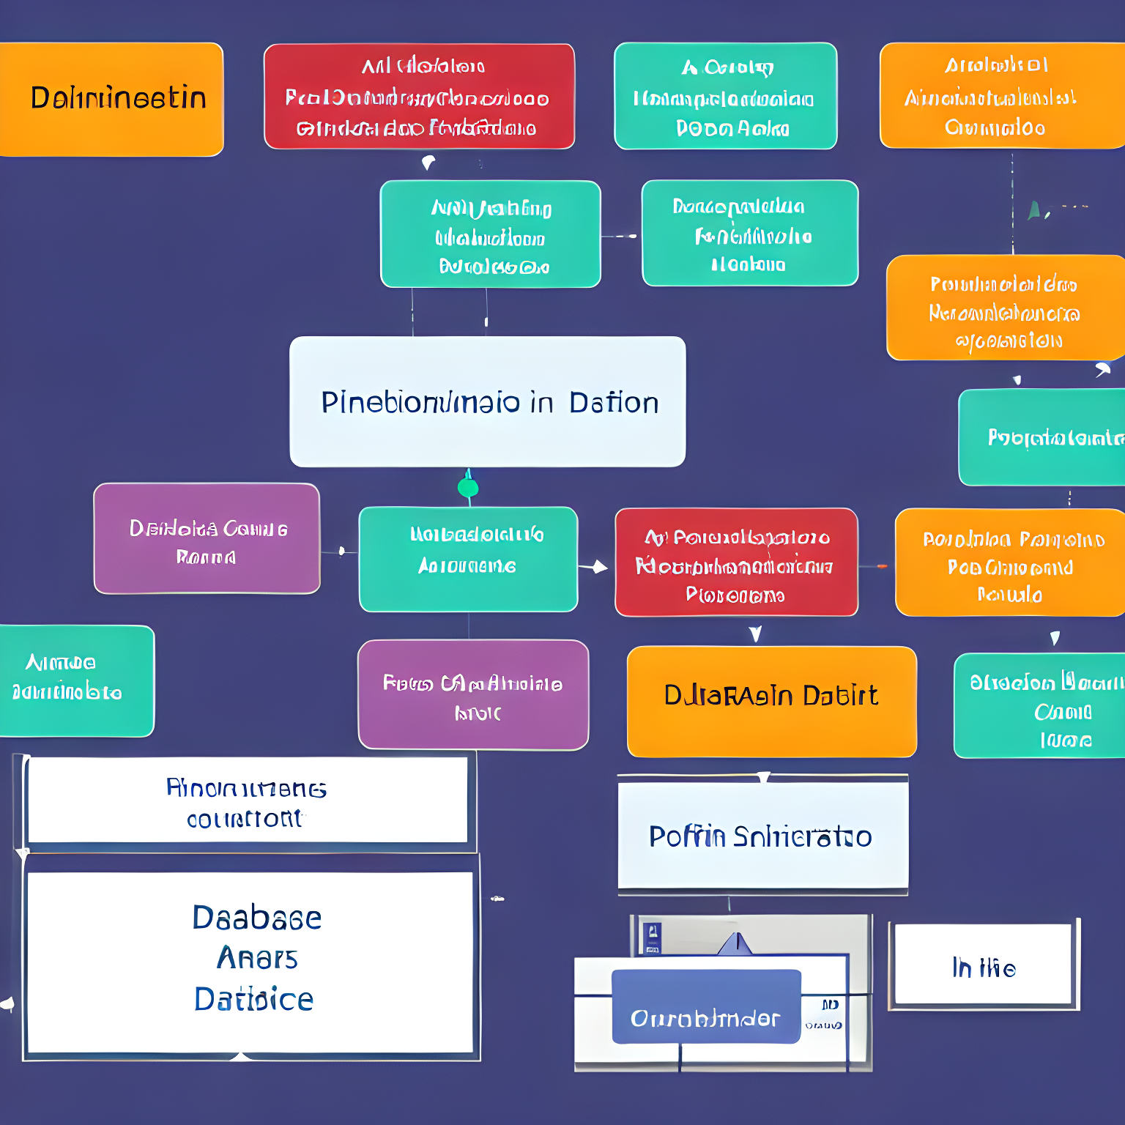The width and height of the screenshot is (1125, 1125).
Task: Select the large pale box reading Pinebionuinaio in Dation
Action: [487, 401]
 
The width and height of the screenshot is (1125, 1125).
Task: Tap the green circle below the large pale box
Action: [468, 488]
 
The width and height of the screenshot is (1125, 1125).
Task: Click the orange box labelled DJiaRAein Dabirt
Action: [771, 701]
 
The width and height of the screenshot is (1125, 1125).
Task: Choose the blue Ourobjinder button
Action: [705, 1006]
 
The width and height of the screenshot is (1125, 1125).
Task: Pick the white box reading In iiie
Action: [984, 965]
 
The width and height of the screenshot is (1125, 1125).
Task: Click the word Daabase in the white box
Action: [256, 918]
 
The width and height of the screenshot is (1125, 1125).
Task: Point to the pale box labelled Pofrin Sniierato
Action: [762, 836]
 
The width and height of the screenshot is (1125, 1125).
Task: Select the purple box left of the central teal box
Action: [207, 538]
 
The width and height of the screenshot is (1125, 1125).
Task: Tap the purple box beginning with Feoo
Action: [473, 694]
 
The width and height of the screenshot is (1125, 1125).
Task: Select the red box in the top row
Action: [419, 96]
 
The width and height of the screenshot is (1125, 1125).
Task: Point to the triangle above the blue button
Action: [736, 944]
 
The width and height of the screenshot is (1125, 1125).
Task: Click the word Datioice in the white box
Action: [253, 1000]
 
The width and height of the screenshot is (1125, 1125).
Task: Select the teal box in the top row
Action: [725, 96]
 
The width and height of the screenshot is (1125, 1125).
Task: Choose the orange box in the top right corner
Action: [1001, 96]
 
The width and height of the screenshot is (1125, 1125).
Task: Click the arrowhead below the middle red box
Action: [755, 634]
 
